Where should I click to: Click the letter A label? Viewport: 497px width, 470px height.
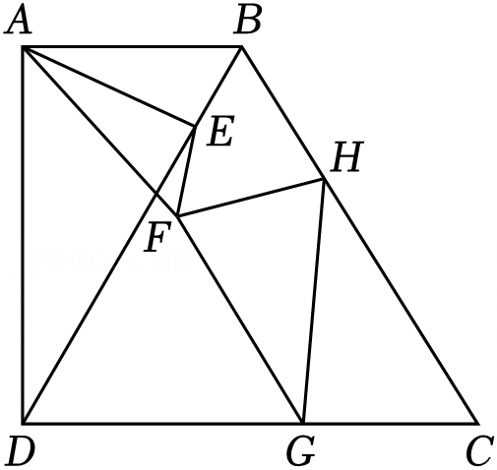[x=19, y=21]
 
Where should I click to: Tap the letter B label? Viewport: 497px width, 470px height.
[x=247, y=21]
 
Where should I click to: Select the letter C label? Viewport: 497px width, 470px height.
[x=479, y=450]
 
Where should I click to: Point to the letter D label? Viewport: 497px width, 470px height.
[x=21, y=450]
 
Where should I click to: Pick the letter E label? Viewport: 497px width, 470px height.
[x=220, y=131]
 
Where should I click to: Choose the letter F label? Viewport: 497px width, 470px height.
[x=157, y=236]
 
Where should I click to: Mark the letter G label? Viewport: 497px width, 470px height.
[x=300, y=450]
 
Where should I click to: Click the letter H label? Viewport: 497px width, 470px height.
[x=347, y=157]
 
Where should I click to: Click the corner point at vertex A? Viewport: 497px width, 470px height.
[x=23, y=47]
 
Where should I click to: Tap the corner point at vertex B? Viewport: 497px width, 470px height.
[x=242, y=47]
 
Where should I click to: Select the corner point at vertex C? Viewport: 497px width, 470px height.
[x=476, y=423]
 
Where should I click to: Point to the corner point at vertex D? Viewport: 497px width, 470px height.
[x=23, y=423]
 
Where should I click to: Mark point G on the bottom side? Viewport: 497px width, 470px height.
[x=303, y=423]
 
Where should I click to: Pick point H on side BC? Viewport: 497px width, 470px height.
[x=324, y=179]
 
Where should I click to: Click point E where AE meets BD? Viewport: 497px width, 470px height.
[x=195, y=126]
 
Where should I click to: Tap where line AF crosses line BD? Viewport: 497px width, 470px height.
[x=155, y=195]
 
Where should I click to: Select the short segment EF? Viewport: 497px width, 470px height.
[x=186, y=171]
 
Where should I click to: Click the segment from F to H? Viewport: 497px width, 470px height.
[x=251, y=198]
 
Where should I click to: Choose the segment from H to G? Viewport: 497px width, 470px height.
[x=314, y=301]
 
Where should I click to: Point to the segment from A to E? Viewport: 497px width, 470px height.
[x=109, y=87]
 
